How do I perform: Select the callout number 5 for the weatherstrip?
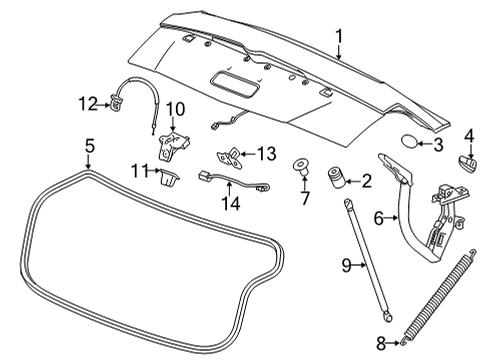click(89, 146)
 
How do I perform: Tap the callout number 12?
click(87, 101)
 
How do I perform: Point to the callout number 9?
click(345, 265)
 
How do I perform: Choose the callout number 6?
click(379, 218)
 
